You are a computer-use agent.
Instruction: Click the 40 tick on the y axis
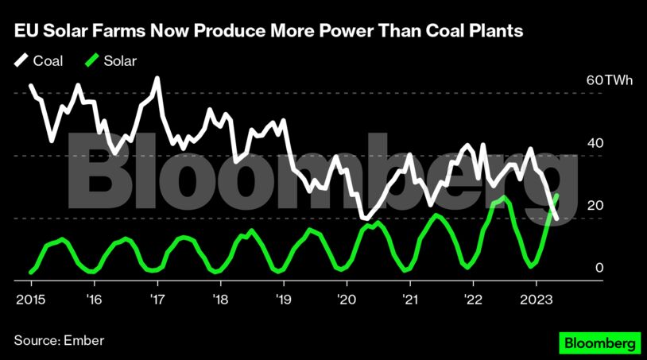click(x=595, y=143)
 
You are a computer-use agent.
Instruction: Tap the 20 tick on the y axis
click(x=595, y=206)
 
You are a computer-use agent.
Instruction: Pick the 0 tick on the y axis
click(x=600, y=268)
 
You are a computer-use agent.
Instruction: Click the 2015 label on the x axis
click(x=29, y=300)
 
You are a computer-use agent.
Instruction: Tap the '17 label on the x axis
click(x=157, y=300)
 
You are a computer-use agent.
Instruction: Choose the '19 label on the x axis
click(x=283, y=300)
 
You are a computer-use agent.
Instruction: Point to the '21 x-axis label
click(x=409, y=300)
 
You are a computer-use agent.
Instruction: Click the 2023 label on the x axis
click(x=537, y=300)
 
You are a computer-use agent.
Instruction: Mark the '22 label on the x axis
click(x=473, y=300)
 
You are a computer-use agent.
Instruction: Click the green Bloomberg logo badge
click(x=599, y=343)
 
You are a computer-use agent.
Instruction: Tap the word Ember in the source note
click(x=83, y=341)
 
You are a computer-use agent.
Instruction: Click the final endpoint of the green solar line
click(x=557, y=195)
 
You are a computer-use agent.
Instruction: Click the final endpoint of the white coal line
click(x=557, y=219)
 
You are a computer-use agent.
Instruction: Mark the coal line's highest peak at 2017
click(x=157, y=78)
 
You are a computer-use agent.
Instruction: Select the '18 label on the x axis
click(x=220, y=300)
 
